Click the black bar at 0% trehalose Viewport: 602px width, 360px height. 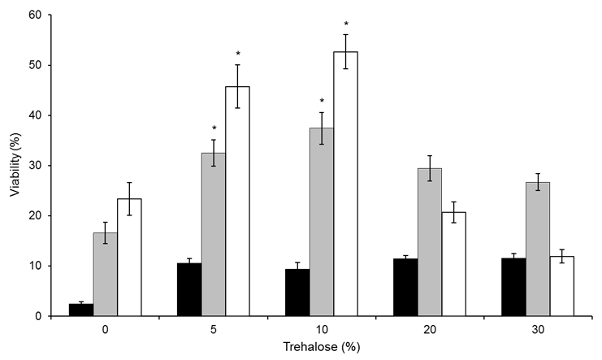81,310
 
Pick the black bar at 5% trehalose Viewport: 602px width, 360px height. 189,289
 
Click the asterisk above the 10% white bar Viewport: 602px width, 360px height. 346,24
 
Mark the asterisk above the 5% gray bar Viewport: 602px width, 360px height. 214,128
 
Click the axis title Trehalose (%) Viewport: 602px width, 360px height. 322,349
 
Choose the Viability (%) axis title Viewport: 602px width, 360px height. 12,166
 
